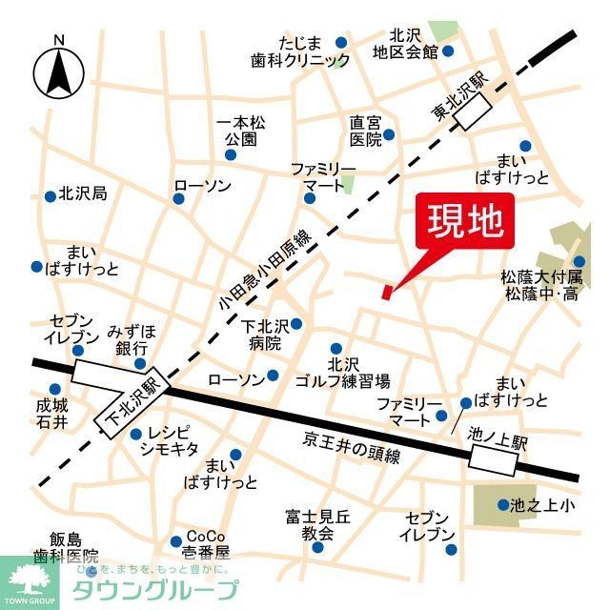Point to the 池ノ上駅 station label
tap(490, 435)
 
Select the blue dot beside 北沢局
tap(50, 196)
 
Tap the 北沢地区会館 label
tap(406, 43)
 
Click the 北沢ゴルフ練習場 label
tap(357, 372)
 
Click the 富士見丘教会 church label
tap(317, 525)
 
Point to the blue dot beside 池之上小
tap(502, 505)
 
